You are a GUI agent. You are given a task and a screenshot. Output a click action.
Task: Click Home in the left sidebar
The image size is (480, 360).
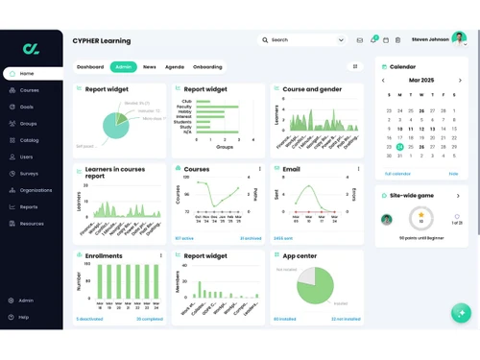tap(26, 73)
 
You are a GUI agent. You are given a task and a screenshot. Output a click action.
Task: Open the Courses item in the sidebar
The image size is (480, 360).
tap(30, 90)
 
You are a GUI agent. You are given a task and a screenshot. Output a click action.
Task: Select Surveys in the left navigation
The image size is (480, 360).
tap(30, 174)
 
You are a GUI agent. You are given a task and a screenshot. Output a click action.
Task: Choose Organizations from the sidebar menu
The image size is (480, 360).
tap(36, 190)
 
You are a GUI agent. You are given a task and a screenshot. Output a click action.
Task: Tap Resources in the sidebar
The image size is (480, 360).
tap(32, 224)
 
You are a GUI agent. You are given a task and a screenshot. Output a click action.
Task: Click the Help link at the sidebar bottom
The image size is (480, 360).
tap(24, 317)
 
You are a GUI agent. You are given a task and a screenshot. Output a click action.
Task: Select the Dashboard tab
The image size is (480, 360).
tap(90, 67)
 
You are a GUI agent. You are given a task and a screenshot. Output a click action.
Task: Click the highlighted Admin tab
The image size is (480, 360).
tap(124, 67)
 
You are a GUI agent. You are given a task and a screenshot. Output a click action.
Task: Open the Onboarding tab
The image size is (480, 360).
tap(207, 67)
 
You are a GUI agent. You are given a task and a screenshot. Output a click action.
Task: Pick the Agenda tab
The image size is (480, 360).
tap(175, 67)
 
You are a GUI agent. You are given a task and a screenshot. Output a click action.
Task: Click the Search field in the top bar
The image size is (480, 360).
tap(302, 40)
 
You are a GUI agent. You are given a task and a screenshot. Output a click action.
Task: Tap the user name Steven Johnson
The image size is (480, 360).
tap(431, 39)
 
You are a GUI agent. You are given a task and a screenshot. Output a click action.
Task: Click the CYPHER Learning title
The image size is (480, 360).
tap(102, 41)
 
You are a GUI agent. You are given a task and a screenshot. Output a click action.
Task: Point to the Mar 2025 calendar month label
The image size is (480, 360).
tap(421, 81)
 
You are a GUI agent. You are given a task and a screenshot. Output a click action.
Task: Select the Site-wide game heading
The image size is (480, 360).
tap(412, 195)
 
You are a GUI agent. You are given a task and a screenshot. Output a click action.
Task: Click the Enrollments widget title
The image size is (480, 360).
tap(104, 256)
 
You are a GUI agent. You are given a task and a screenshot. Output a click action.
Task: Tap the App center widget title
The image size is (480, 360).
tap(300, 256)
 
